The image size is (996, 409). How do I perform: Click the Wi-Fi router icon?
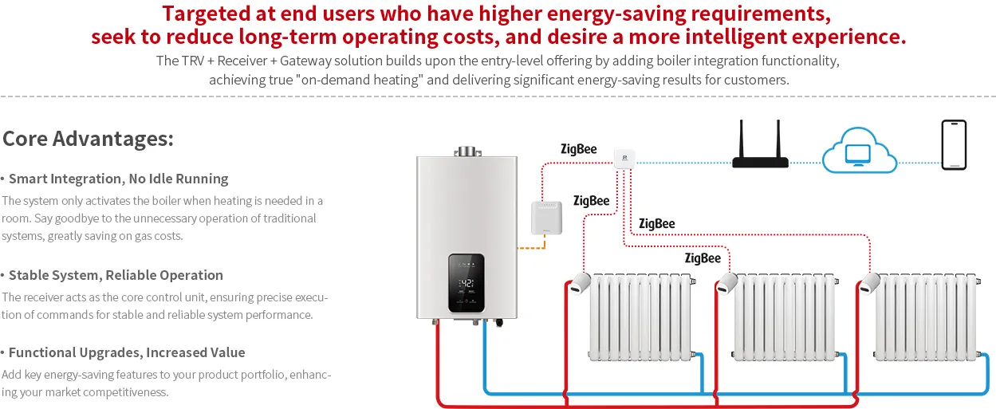tap(760, 144)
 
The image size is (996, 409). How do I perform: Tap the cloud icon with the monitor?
tap(859, 150)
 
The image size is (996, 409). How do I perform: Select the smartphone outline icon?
tap(954, 145)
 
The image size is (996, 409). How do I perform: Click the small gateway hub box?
tap(624, 159)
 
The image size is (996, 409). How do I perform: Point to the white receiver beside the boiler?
tap(546, 218)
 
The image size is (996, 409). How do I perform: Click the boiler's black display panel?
tap(466, 283)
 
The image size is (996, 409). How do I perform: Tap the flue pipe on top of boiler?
tap(467, 151)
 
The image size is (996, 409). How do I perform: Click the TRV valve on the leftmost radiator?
tap(580, 283)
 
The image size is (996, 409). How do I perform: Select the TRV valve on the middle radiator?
tap(727, 283)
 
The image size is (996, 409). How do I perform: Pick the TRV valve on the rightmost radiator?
tap(869, 283)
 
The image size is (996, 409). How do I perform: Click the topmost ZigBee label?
tap(578, 149)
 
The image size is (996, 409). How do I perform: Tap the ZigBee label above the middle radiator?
tap(703, 258)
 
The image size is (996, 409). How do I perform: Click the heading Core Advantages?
tap(88, 139)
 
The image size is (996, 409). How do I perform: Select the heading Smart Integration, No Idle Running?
tap(118, 179)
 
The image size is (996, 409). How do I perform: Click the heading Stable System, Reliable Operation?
tap(116, 275)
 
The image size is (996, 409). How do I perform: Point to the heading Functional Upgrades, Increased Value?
tap(127, 352)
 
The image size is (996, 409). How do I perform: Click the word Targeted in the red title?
tap(206, 14)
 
